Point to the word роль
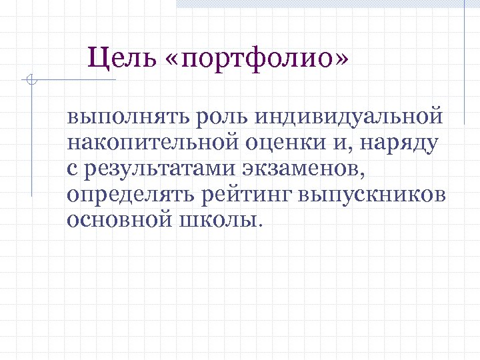coord(217,117)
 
